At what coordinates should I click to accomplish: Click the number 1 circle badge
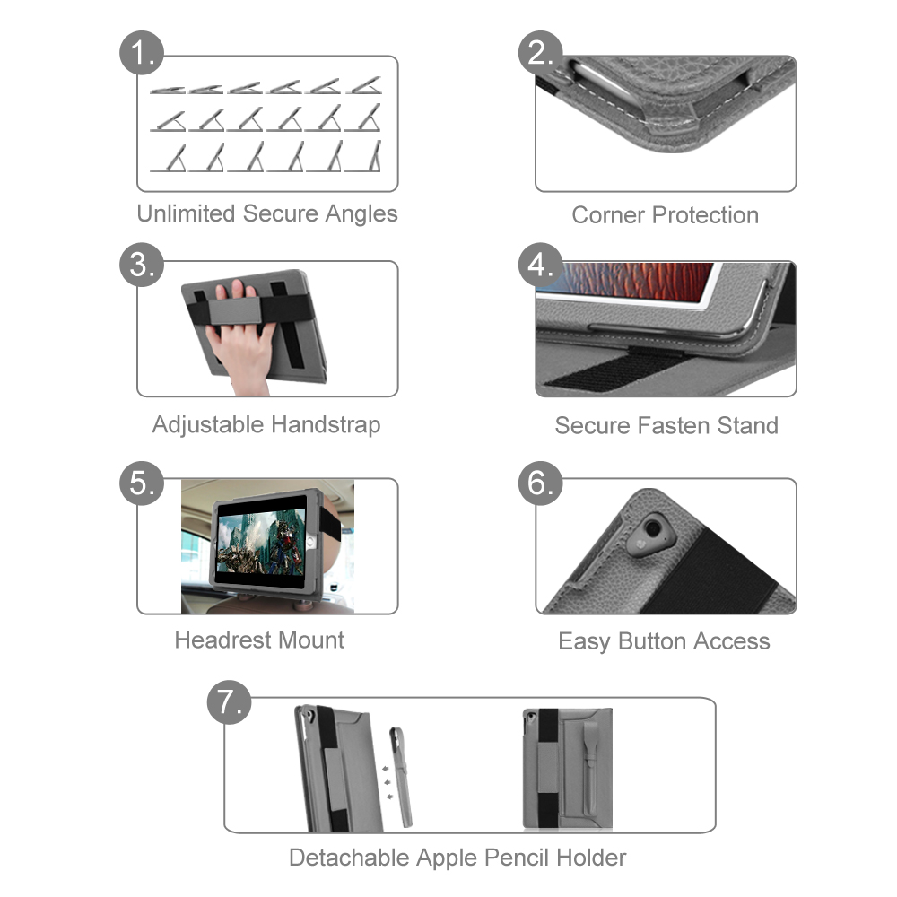(x=142, y=53)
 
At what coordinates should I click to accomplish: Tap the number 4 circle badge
(x=541, y=265)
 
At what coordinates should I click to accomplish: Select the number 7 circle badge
(x=229, y=702)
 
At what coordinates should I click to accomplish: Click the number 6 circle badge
(x=541, y=483)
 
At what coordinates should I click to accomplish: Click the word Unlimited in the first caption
(x=186, y=213)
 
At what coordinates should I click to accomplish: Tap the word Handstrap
(x=326, y=425)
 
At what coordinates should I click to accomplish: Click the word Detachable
(x=349, y=858)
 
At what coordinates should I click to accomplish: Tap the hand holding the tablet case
(x=241, y=337)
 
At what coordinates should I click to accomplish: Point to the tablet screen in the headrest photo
(x=261, y=542)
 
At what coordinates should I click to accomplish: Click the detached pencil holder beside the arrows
(x=401, y=776)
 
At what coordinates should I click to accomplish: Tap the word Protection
(x=705, y=215)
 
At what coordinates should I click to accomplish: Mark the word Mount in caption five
(x=312, y=640)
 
